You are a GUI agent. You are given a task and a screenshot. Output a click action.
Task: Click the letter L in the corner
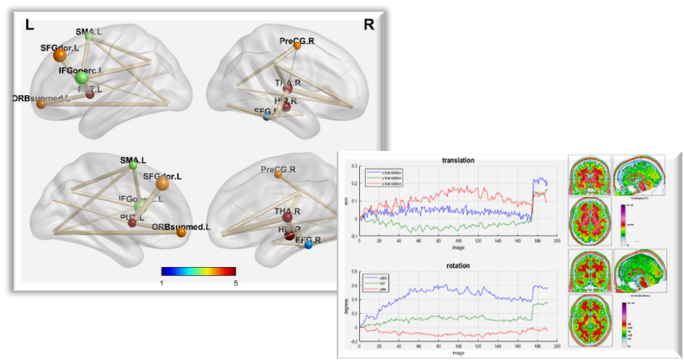click(30, 25)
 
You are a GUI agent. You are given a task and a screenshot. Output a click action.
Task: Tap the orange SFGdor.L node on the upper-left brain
click(59, 56)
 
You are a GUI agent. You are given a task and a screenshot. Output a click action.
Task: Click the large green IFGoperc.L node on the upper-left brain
click(81, 77)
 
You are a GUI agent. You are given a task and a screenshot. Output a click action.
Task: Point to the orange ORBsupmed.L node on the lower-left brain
click(181, 233)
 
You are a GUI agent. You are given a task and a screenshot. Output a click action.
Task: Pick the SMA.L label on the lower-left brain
click(133, 160)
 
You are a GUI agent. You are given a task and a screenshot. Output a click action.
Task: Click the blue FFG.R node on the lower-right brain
click(308, 245)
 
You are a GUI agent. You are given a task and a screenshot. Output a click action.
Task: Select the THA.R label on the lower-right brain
click(287, 212)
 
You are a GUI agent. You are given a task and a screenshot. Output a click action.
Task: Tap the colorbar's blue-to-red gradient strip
click(199, 271)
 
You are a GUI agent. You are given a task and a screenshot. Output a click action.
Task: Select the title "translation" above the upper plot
click(458, 159)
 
